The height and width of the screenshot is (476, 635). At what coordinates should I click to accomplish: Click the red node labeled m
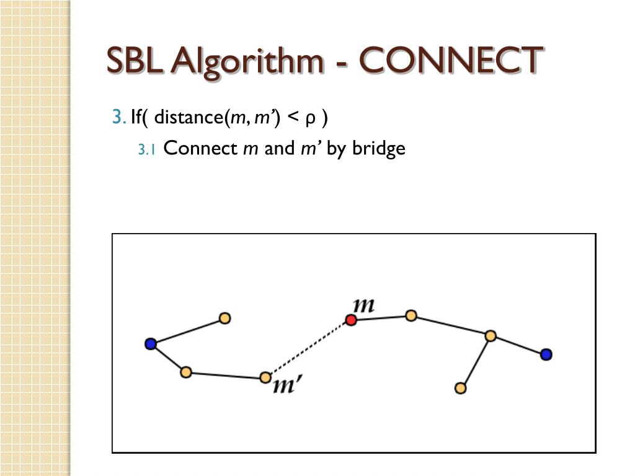351,320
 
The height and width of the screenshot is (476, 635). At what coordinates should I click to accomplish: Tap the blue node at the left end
150,343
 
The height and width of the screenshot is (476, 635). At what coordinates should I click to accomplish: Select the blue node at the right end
546,355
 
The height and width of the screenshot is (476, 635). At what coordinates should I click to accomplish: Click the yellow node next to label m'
265,377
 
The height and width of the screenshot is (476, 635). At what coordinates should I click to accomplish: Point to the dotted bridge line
308,348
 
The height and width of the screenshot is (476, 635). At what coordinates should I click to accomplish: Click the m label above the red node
363,305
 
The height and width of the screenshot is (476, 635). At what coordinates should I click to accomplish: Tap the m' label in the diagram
287,387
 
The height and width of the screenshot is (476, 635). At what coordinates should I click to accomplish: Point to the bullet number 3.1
148,150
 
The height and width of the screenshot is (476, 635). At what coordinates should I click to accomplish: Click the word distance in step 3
189,117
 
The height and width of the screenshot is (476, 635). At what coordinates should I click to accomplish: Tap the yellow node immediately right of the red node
411,315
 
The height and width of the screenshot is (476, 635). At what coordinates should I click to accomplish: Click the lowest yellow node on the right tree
460,388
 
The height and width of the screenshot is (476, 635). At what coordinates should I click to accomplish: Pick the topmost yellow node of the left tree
224,318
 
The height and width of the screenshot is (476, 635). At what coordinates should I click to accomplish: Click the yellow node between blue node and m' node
185,372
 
